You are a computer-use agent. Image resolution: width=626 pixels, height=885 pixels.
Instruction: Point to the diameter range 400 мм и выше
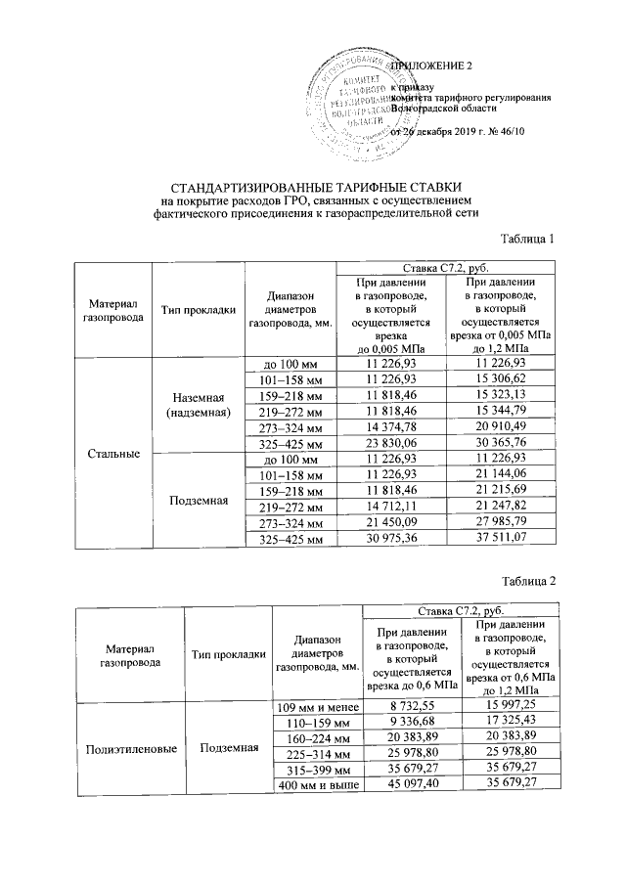(x=317, y=784)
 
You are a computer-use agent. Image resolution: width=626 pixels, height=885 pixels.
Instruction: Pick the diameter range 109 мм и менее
(x=317, y=706)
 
